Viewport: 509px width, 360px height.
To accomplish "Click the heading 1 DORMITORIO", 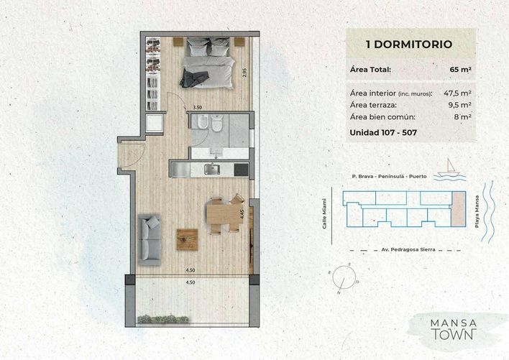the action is click(409, 44).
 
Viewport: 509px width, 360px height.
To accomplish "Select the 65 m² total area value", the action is click(461, 70).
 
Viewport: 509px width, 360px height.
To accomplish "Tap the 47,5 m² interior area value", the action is click(457, 93).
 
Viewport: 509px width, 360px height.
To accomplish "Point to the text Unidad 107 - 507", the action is click(383, 132).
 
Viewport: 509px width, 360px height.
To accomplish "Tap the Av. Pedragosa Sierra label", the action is click(408, 250).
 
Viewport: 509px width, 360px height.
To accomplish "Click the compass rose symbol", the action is click(344, 277).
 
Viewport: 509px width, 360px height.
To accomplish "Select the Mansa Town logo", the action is click(454, 329).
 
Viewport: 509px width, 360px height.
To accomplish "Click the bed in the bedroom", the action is click(208, 63).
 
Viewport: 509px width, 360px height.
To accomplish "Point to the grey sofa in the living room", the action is click(150, 239).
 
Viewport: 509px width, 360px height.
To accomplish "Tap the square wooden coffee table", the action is click(188, 240).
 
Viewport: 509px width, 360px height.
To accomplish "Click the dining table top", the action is click(224, 213).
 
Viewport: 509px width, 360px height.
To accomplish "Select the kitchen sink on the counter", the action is click(212, 169).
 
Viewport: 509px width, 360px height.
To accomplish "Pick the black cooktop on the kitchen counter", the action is click(241, 170).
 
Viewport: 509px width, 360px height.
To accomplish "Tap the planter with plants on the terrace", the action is click(163, 320).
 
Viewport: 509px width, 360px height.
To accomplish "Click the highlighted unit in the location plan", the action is click(458, 209).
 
